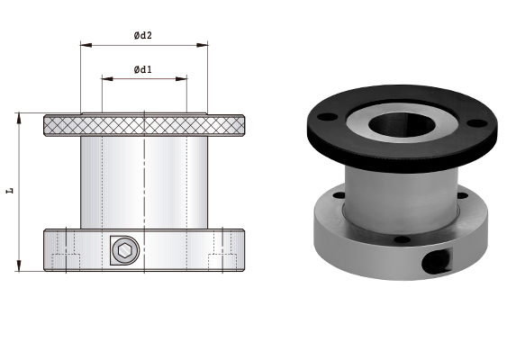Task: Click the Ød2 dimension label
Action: click(143, 36)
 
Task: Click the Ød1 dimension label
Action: click(143, 69)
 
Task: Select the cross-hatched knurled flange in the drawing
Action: click(144, 125)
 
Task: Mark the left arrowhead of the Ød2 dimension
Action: click(84, 44)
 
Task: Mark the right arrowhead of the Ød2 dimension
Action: click(204, 44)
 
